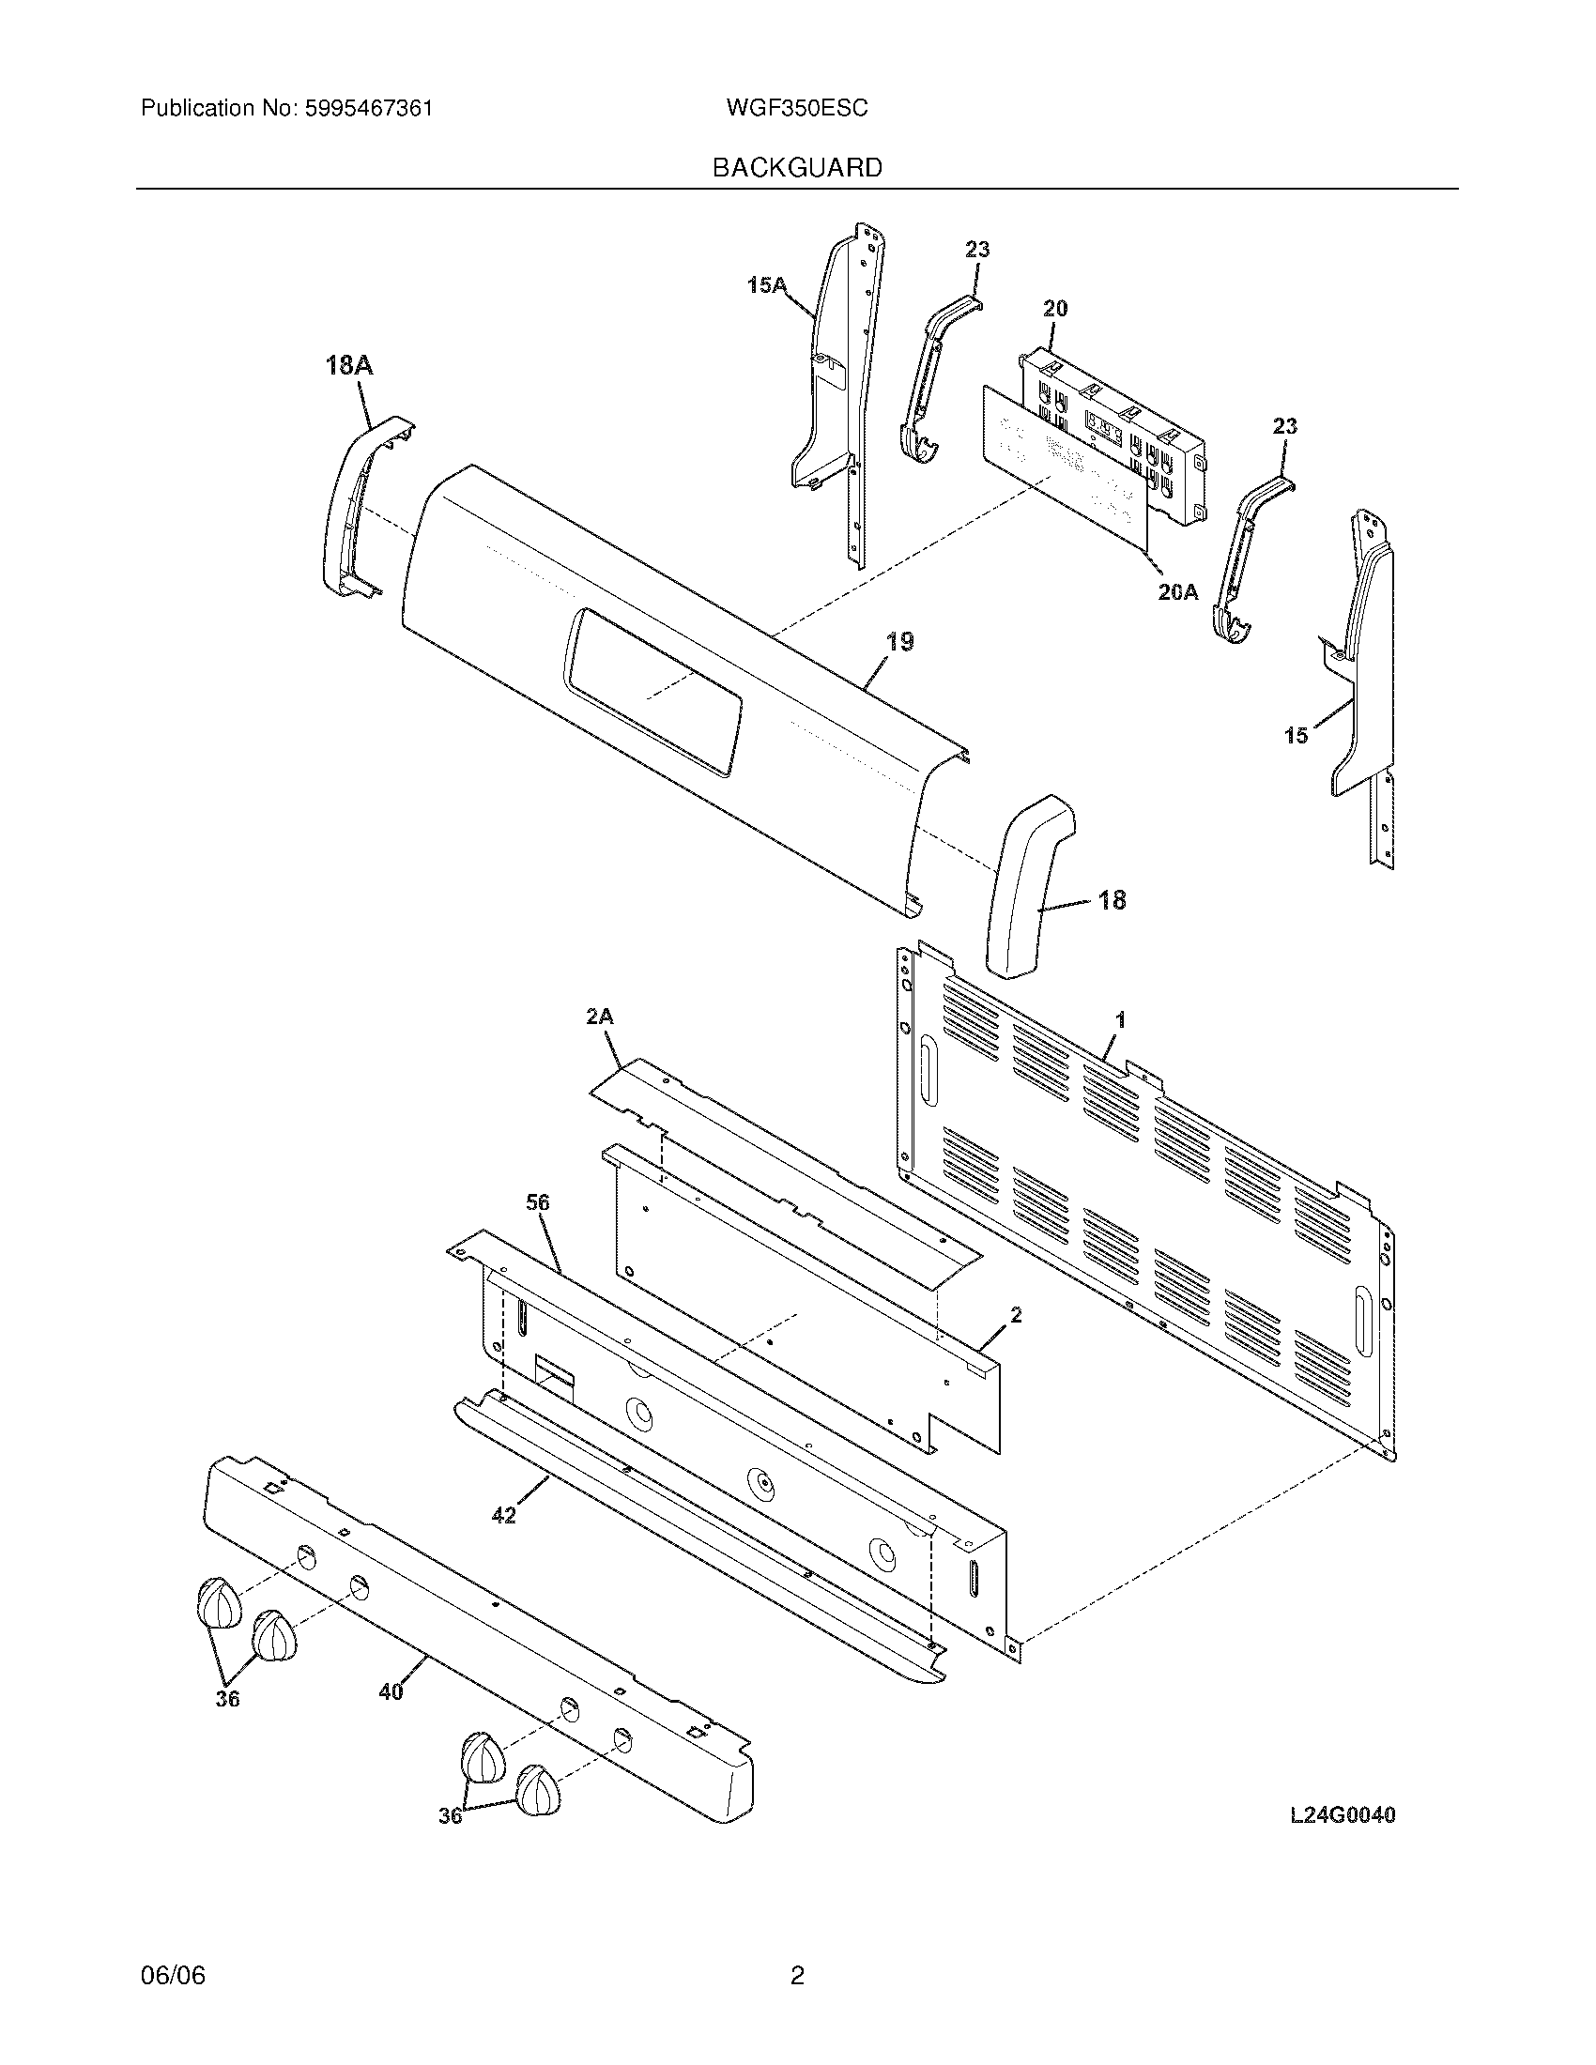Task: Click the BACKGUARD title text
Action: pos(796,168)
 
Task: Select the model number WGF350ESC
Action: pos(796,109)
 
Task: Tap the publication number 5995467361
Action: pos(368,109)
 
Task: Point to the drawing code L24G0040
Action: pos(1342,1815)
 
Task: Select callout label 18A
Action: pos(349,365)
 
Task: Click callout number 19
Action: pos(899,642)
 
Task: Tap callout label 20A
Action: pos(1177,592)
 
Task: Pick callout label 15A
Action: pos(767,283)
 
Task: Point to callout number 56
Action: pos(538,1202)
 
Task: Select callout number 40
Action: pos(391,1691)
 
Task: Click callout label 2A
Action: pos(600,1017)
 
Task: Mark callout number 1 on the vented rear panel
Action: pos(1120,1020)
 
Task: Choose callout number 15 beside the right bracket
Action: pos(1296,735)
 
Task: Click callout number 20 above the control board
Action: pos(1055,308)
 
